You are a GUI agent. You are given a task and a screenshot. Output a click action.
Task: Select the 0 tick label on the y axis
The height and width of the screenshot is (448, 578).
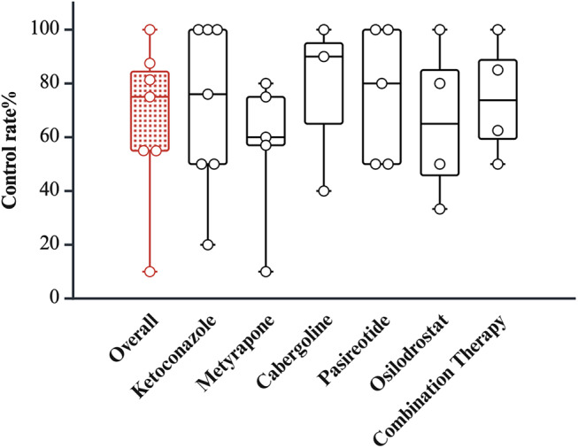click(x=56, y=298)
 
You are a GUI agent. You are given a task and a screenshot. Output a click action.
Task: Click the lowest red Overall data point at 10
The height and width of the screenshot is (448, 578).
click(x=150, y=272)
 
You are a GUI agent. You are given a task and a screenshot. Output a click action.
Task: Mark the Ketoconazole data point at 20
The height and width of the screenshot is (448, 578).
click(x=207, y=244)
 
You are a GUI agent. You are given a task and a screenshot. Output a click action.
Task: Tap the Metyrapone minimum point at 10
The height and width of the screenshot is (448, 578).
click(x=266, y=272)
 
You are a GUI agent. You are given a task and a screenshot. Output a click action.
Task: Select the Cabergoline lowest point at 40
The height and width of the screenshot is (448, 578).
click(x=323, y=190)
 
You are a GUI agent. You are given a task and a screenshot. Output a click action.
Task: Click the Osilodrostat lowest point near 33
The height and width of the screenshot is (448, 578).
click(x=439, y=209)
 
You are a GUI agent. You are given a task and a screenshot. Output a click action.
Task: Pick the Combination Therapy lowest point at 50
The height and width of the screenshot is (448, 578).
click(x=497, y=164)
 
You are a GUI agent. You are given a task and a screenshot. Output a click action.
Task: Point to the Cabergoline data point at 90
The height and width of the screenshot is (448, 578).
click(x=323, y=57)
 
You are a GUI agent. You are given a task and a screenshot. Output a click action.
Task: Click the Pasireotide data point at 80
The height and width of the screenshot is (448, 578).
click(x=381, y=83)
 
